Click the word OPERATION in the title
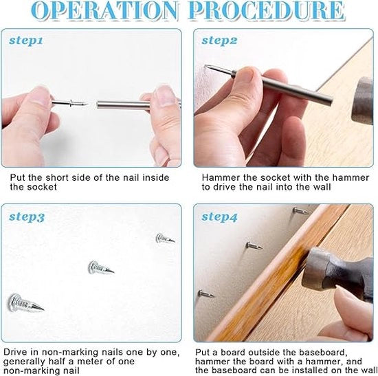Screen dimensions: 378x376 click(105, 10)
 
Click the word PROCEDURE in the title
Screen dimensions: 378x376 click(267, 10)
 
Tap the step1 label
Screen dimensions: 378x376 click(26, 41)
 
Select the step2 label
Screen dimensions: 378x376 click(219, 41)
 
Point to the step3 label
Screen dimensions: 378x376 click(27, 217)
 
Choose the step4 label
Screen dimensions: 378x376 click(219, 217)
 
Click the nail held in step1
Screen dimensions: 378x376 click(69, 103)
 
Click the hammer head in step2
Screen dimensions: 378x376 click(362, 101)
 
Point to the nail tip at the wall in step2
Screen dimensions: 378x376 click(205, 65)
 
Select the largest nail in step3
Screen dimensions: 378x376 click(25, 303)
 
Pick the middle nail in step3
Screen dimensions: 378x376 click(101, 267)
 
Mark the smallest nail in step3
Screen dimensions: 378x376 click(165, 239)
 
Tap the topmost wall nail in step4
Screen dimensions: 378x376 click(300, 211)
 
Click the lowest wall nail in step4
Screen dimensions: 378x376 click(206, 294)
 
